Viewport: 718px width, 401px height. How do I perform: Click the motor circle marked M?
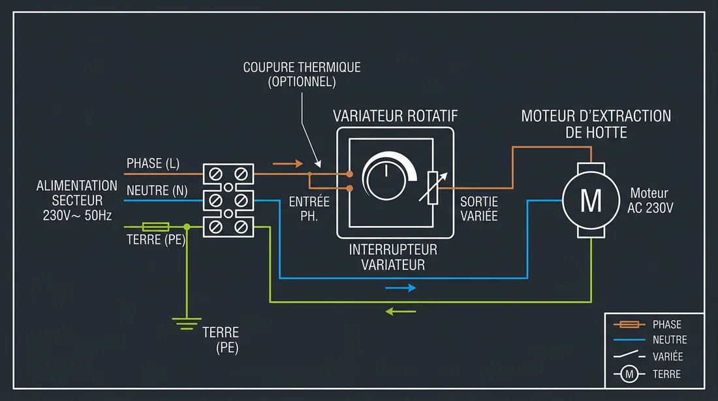591,200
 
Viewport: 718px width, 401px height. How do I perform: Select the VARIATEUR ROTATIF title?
396,116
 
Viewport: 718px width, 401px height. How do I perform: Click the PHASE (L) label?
153,163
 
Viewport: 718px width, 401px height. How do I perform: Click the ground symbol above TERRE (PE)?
187,321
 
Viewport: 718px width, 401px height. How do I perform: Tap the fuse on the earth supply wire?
155,227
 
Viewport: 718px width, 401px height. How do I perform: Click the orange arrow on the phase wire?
287,163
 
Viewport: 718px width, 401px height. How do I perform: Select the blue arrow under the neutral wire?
400,287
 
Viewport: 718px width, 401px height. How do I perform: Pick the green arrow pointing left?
400,311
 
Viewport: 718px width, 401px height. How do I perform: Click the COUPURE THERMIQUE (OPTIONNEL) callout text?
302,74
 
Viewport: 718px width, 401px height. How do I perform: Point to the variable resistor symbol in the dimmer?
432,187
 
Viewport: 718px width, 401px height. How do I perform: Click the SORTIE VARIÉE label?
479,209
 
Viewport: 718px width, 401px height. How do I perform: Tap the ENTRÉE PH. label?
309,209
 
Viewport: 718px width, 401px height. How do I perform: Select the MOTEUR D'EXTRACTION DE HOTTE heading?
596,124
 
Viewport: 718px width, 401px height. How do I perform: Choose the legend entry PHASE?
666,324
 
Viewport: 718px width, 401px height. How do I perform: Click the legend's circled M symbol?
629,374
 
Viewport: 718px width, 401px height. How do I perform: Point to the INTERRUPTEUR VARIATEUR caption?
393,257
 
